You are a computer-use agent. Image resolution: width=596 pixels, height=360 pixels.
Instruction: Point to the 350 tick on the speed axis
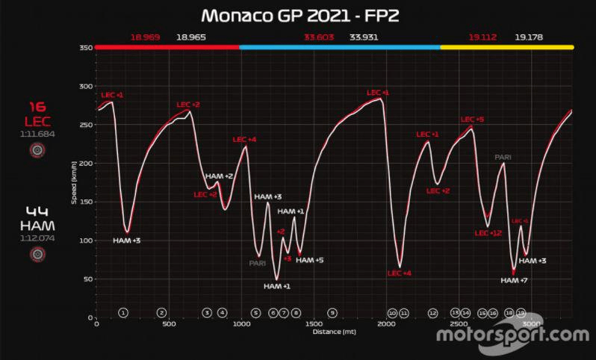point(84,47)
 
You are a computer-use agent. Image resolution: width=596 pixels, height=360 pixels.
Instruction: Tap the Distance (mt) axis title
point(333,331)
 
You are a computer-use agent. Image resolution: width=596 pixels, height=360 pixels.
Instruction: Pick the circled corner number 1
point(124,313)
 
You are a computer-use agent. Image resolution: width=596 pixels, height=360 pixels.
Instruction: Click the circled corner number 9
point(332,313)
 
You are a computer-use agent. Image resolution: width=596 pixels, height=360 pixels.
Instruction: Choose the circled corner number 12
point(432,313)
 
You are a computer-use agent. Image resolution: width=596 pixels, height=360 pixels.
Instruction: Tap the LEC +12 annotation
point(488,233)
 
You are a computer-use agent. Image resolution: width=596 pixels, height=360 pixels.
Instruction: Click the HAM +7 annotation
point(514,280)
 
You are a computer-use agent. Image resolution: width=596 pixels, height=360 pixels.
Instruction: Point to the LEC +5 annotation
point(472,120)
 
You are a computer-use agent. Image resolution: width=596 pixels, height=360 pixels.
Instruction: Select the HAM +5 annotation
point(309,260)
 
